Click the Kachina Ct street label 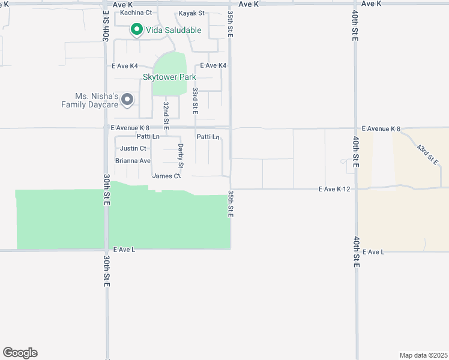point(136,13)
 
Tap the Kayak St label point(191,13)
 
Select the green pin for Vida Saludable point(136,29)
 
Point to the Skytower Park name point(169,77)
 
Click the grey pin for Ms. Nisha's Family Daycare point(127,100)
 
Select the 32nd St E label point(166,116)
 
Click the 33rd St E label point(195,101)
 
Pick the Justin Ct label point(133,148)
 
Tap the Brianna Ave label point(133,161)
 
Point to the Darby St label point(180,155)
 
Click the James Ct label point(166,176)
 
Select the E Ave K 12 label point(334,189)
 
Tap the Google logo point(20,353)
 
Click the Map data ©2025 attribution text point(423,355)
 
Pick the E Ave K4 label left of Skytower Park point(125,66)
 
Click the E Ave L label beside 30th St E point(124,250)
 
